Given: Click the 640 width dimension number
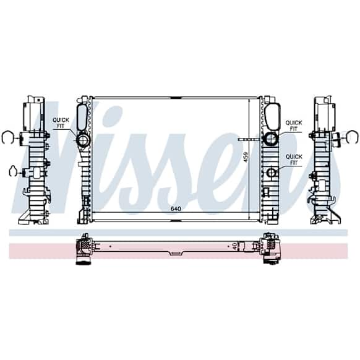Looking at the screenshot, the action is point(176,208).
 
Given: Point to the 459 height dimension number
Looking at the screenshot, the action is point(246,157).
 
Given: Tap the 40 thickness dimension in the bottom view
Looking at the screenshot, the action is point(234,247).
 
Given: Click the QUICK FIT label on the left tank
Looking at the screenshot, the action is point(61,123).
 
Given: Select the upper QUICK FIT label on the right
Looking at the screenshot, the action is point(294,126).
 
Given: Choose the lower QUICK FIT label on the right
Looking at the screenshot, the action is point(294,160).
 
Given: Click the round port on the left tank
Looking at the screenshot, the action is point(83,139).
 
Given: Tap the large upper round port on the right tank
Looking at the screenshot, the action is point(272,139).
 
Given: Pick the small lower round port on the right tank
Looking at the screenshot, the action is point(272,172).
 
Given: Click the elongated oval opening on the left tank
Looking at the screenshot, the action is point(82,117).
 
